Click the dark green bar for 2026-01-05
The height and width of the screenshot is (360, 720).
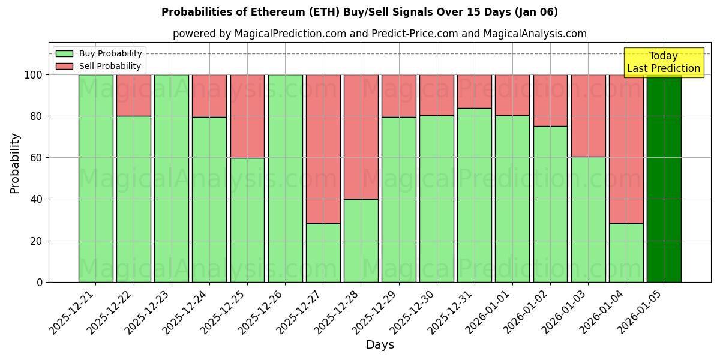664,178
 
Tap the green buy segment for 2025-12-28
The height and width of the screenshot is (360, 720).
361,241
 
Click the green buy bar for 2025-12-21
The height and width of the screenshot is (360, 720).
95,178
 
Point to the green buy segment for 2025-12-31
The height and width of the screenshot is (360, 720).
474,195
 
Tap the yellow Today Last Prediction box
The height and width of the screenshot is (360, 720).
663,62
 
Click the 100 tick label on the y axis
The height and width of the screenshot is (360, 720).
34,75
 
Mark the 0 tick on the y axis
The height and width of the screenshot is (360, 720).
40,282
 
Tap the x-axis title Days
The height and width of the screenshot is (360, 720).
380,345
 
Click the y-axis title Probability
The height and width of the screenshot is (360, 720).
15,163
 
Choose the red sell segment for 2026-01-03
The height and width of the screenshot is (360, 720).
588,115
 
